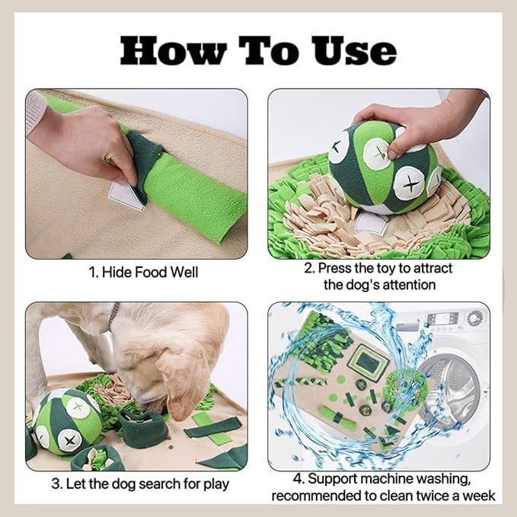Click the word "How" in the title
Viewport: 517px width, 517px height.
tap(173, 50)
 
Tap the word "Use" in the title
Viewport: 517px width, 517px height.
tap(355, 50)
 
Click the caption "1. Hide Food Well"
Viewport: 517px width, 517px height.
tap(143, 273)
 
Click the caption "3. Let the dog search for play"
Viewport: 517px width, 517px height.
tap(140, 484)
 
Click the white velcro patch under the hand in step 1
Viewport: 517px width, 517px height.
tap(126, 197)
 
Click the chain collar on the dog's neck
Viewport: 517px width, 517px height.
tap(113, 316)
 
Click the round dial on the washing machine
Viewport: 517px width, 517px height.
tap(474, 318)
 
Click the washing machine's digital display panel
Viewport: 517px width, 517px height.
tap(441, 318)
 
